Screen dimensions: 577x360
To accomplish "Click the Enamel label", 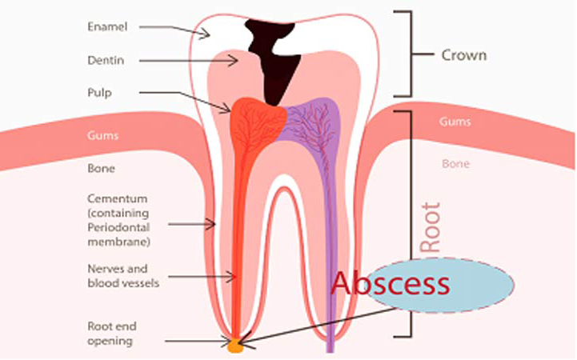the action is [x=107, y=27].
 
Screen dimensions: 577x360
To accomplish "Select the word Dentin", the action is [x=106, y=60].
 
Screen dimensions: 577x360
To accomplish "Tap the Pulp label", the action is [x=99, y=93].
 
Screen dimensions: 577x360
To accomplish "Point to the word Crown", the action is [x=464, y=55].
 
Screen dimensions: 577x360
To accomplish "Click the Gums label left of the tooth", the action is [x=102, y=136].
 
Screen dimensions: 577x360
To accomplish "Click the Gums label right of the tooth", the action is [x=455, y=122].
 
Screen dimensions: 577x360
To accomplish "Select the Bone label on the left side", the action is [x=101, y=169].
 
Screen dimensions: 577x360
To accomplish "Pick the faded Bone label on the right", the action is [x=455, y=164].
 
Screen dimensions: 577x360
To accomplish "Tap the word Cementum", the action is [x=118, y=198].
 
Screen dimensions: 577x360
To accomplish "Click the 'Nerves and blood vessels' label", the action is [x=123, y=276].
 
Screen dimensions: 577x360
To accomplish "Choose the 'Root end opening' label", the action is [x=112, y=334].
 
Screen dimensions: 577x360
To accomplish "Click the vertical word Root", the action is [x=431, y=227].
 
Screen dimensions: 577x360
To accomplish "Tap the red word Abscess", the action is [x=391, y=283].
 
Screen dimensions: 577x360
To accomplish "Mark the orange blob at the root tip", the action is [x=235, y=346].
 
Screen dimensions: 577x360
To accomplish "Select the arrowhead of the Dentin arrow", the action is [x=234, y=60].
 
